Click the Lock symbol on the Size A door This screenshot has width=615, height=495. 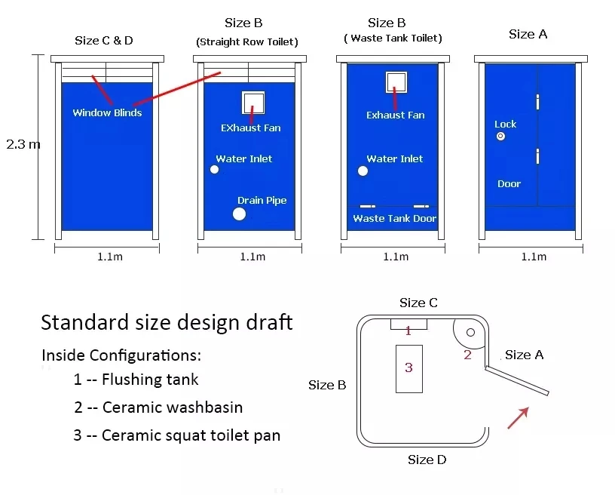pyautogui.click(x=500, y=137)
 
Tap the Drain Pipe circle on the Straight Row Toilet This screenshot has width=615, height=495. pyautogui.click(x=239, y=214)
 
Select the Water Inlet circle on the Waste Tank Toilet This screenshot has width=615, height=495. pyautogui.click(x=363, y=171)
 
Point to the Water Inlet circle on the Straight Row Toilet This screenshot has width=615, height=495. pyautogui.click(x=214, y=170)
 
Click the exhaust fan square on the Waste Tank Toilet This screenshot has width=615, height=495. pyautogui.click(x=396, y=81)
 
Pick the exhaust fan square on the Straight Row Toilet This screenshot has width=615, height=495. pyautogui.click(x=253, y=102)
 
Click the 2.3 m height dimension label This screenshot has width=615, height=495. pyautogui.click(x=23, y=144)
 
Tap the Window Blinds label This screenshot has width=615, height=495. pyautogui.click(x=107, y=113)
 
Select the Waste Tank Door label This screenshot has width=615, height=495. pyautogui.click(x=394, y=219)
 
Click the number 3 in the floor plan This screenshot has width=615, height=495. pyautogui.click(x=408, y=368)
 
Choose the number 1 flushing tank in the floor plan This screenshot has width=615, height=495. pyautogui.click(x=408, y=331)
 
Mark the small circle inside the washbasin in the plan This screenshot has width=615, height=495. pyautogui.click(x=471, y=332)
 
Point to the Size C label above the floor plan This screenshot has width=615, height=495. pyautogui.click(x=418, y=303)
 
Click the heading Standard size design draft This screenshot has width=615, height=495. pyautogui.click(x=167, y=322)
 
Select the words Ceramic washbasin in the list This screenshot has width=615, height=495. pyautogui.click(x=173, y=407)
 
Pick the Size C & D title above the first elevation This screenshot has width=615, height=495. pyautogui.click(x=104, y=40)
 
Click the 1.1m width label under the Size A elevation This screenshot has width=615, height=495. pyautogui.click(x=534, y=257)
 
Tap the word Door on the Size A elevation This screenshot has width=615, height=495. pyautogui.click(x=509, y=184)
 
